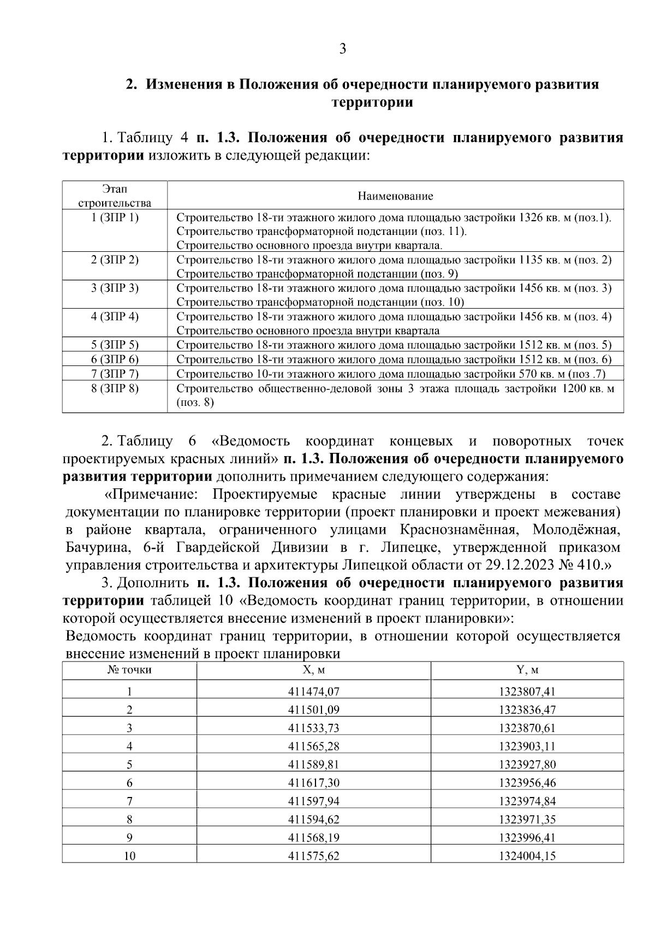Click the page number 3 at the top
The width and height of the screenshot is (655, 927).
tap(342, 49)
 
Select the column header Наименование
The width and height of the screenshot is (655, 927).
tap(395, 196)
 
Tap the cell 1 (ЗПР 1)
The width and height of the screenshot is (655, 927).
tap(115, 217)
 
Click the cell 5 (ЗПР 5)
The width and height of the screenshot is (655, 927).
tap(115, 345)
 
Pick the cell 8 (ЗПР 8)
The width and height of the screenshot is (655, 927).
tap(115, 388)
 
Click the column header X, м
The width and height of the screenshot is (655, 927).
tap(314, 670)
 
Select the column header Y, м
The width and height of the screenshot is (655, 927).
tap(527, 670)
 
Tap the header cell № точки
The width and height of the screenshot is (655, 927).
tap(129, 670)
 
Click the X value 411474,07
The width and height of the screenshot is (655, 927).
tap(314, 692)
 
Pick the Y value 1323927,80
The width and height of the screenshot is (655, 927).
tap(527, 764)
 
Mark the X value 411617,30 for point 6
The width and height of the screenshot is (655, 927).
tap(314, 783)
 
